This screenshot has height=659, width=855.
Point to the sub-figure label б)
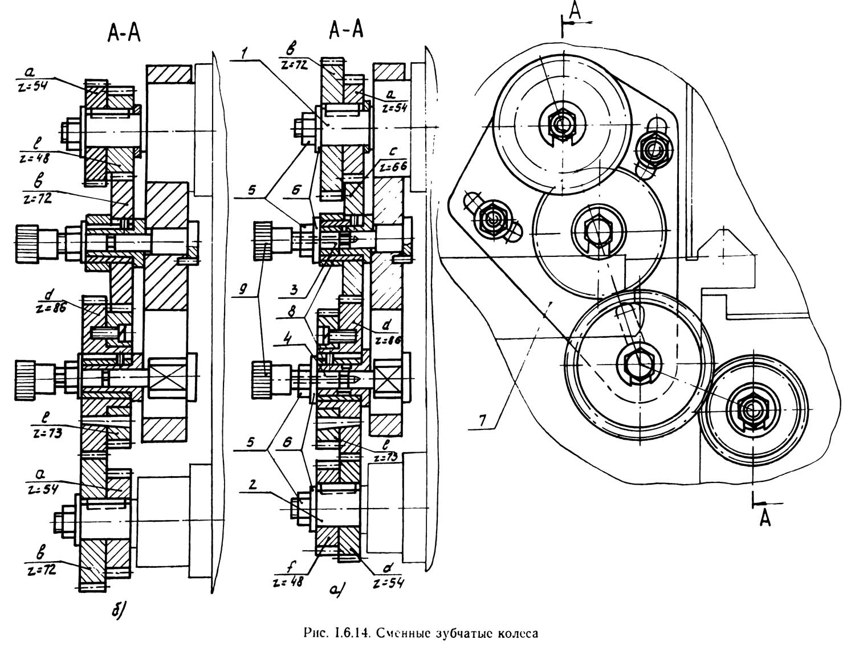(x=117, y=611)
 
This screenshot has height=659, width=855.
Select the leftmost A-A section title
(x=124, y=35)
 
